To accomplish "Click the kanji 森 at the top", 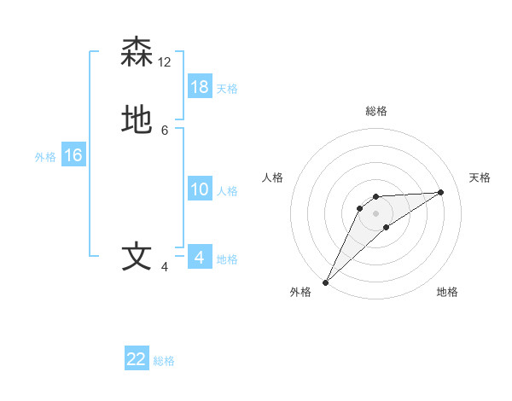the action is (137, 52).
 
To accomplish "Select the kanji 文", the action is (137, 256).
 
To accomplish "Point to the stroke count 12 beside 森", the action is (165, 62).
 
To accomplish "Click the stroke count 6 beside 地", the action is (165, 130).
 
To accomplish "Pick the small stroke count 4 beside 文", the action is (165, 267).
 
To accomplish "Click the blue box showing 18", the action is (200, 87).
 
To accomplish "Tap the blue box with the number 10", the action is (200, 189).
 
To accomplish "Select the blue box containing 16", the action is (73, 155).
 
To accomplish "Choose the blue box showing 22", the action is (137, 359).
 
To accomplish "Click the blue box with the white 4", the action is (200, 257).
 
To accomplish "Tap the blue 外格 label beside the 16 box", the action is (45, 157).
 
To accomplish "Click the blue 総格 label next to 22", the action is (164, 361).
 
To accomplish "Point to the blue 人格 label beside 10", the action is (227, 191).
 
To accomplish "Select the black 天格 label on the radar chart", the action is (480, 177).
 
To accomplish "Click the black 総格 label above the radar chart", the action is (376, 111).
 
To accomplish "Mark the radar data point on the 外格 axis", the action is (325, 282).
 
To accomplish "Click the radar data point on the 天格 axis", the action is (441, 192).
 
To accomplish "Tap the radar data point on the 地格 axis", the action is (387, 226).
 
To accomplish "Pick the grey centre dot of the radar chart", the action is (375, 213).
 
